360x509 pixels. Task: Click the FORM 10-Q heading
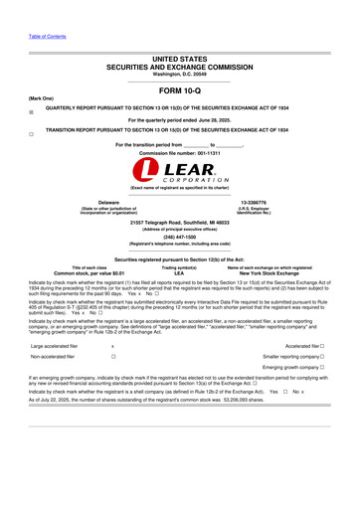tap(180, 90)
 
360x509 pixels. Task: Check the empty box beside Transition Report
tap(32, 132)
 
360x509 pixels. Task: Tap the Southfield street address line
tap(179, 222)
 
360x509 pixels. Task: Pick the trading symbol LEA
tap(179, 273)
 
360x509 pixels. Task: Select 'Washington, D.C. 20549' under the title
tap(179, 74)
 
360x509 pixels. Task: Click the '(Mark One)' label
tap(41, 98)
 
